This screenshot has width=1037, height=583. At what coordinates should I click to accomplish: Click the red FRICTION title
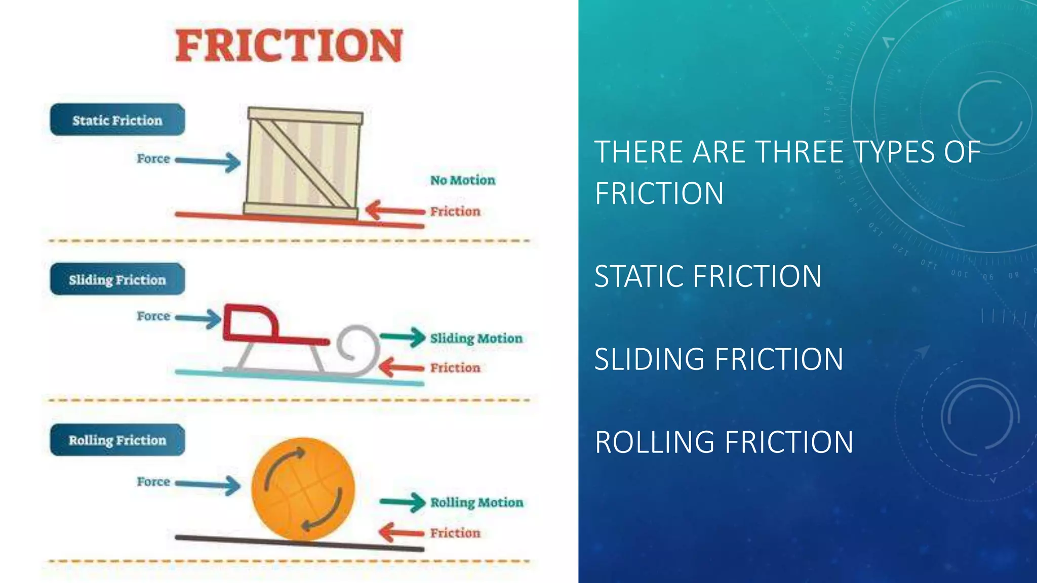289,46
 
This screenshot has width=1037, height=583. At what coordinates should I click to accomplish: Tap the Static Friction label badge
117,120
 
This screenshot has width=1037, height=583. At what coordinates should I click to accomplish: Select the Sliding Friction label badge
117,279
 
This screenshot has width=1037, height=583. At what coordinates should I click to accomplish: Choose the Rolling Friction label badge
117,440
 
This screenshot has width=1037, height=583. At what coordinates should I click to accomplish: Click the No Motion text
462,180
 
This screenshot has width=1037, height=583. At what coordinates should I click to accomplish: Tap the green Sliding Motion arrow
403,337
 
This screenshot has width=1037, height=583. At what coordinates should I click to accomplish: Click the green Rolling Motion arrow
403,502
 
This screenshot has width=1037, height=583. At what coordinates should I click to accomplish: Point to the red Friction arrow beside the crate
395,211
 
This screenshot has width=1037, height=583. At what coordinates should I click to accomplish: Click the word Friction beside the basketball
455,533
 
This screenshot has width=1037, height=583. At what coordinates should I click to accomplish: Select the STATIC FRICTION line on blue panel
707,276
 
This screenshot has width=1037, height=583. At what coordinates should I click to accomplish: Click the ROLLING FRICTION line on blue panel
724,442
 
